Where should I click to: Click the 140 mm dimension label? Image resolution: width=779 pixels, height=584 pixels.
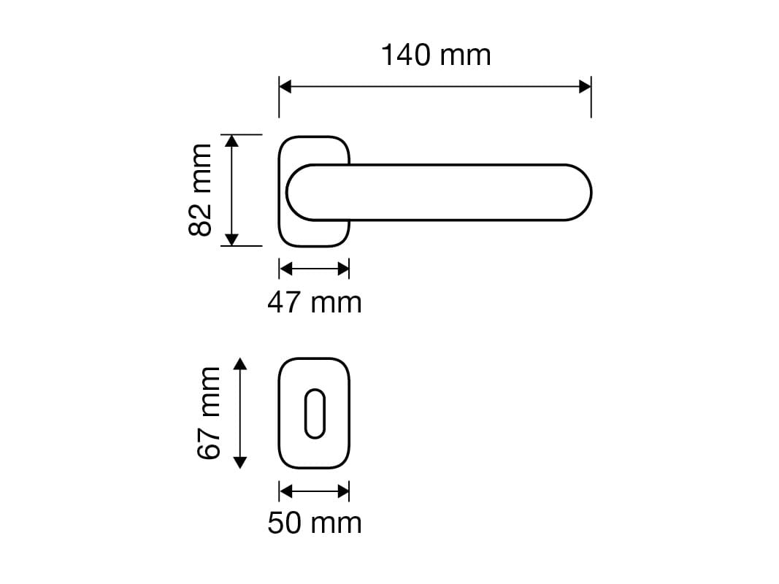pyautogui.click(x=436, y=55)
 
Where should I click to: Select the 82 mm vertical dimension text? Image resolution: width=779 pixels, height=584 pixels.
pyautogui.click(x=200, y=190)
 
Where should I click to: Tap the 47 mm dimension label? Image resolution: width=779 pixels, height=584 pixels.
pyautogui.click(x=314, y=302)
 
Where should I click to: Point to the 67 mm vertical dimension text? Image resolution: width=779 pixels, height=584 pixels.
pyautogui.click(x=209, y=413)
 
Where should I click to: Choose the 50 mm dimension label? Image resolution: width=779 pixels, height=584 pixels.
pyautogui.click(x=314, y=523)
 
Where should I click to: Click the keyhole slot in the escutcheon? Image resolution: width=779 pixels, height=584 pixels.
pyautogui.click(x=314, y=414)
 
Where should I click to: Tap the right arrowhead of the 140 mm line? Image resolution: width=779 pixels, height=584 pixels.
pyautogui.click(x=584, y=87)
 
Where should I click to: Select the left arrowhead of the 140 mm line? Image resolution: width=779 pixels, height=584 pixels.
pyautogui.click(x=285, y=87)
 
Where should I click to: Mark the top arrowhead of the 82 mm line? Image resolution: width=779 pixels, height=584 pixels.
pyautogui.click(x=231, y=141)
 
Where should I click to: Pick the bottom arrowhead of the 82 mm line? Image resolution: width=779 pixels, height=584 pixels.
pyautogui.click(x=231, y=239)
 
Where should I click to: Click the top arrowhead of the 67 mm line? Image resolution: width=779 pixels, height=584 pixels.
pyautogui.click(x=241, y=364)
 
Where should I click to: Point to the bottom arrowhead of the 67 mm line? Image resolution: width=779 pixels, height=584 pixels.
pyautogui.click(x=241, y=461)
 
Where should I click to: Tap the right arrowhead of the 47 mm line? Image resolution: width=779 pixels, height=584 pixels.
pyautogui.click(x=343, y=269)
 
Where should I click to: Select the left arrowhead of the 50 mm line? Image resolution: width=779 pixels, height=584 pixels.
pyautogui.click(x=285, y=491)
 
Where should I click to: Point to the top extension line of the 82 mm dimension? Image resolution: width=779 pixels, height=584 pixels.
pyautogui.click(x=241, y=134)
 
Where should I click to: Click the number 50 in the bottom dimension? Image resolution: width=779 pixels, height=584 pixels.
pyautogui.click(x=284, y=523)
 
